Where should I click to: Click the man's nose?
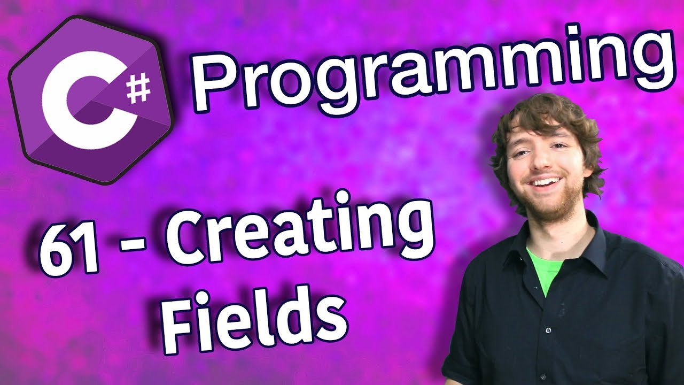pos(541,159)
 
